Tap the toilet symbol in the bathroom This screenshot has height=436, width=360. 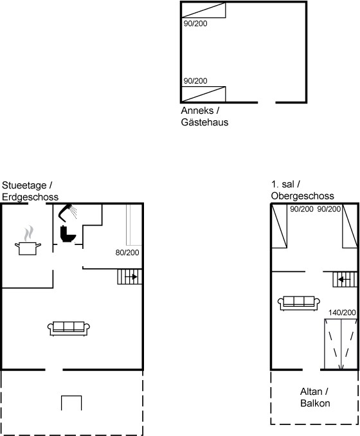pyautogui.click(x=67, y=234)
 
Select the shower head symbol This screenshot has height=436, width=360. pyautogui.click(x=67, y=212)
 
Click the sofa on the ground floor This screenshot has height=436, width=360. pyautogui.click(x=69, y=329)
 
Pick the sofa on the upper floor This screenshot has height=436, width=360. pyautogui.click(x=299, y=303)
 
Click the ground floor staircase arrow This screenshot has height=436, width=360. pyautogui.click(x=131, y=277)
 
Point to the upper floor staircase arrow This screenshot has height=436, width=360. pyautogui.click(x=344, y=280)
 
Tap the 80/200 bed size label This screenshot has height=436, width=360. pyautogui.click(x=127, y=253)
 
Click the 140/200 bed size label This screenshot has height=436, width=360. pyautogui.click(x=342, y=313)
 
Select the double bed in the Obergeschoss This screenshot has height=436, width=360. pyautogui.click(x=341, y=344)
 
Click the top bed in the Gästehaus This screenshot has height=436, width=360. pyautogui.click(x=203, y=10)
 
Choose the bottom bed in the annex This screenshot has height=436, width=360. pyautogui.click(x=203, y=95)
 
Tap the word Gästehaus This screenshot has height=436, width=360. pyautogui.click(x=204, y=122)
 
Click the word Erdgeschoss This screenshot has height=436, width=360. pyautogui.click(x=30, y=197)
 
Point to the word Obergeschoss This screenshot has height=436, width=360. pyautogui.click(x=302, y=196)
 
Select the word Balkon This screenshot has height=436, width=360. pyautogui.click(x=315, y=403)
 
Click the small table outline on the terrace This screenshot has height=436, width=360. pyautogui.click(x=71, y=396)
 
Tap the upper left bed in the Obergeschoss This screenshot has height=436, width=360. pyautogui.click(x=280, y=226)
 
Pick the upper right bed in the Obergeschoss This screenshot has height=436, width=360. pyautogui.click(x=350, y=226)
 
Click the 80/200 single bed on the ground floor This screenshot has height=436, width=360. pyautogui.click(x=134, y=225)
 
